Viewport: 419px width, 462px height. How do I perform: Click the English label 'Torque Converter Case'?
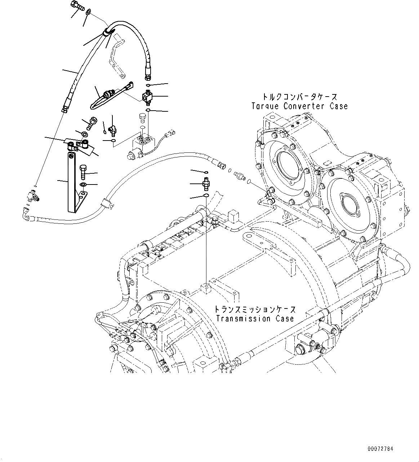[299, 106]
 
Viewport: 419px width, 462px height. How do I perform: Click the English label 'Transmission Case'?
[255, 319]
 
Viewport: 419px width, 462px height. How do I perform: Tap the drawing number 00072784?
[380, 449]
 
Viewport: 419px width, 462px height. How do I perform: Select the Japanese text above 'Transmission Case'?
[255, 310]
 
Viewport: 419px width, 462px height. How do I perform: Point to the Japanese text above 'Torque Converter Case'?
[299, 97]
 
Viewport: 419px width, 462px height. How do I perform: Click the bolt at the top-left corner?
[77, 5]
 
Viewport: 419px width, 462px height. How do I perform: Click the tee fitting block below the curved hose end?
[148, 97]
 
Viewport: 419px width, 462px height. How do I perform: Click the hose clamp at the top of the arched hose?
[107, 33]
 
